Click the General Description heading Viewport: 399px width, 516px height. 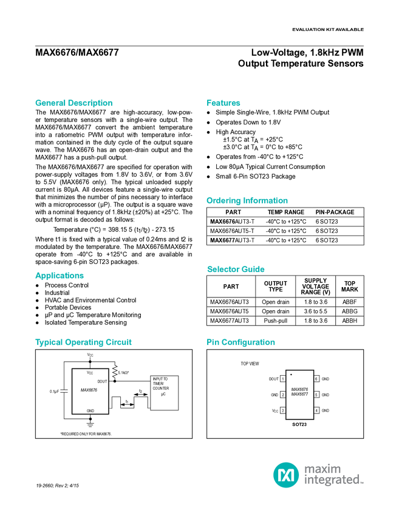[x=73, y=103]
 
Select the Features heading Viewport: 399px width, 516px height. [x=223, y=103]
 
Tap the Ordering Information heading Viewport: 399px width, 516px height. [x=247, y=201]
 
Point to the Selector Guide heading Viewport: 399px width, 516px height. [x=236, y=270]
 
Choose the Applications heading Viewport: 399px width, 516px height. [x=60, y=276]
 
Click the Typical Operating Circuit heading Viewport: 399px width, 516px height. [x=84, y=342]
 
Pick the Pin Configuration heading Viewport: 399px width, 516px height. [x=241, y=342]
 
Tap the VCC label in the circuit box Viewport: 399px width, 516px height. [x=90, y=372]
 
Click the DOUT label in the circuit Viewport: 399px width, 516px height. [x=102, y=381]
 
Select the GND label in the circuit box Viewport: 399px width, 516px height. [x=90, y=411]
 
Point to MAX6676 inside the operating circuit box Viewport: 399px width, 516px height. [x=89, y=390]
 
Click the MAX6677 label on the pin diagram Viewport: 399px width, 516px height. [x=299, y=394]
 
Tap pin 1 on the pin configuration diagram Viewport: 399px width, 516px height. [x=283, y=379]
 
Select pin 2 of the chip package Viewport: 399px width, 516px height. [x=283, y=395]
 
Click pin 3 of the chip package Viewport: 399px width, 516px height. [x=283, y=410]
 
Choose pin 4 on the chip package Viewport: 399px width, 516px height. [x=316, y=410]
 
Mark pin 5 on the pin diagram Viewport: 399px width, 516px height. [x=316, y=395]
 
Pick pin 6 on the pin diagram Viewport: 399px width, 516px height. [x=316, y=379]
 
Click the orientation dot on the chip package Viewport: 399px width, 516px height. [x=291, y=375]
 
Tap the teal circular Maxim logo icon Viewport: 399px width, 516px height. [x=286, y=474]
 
